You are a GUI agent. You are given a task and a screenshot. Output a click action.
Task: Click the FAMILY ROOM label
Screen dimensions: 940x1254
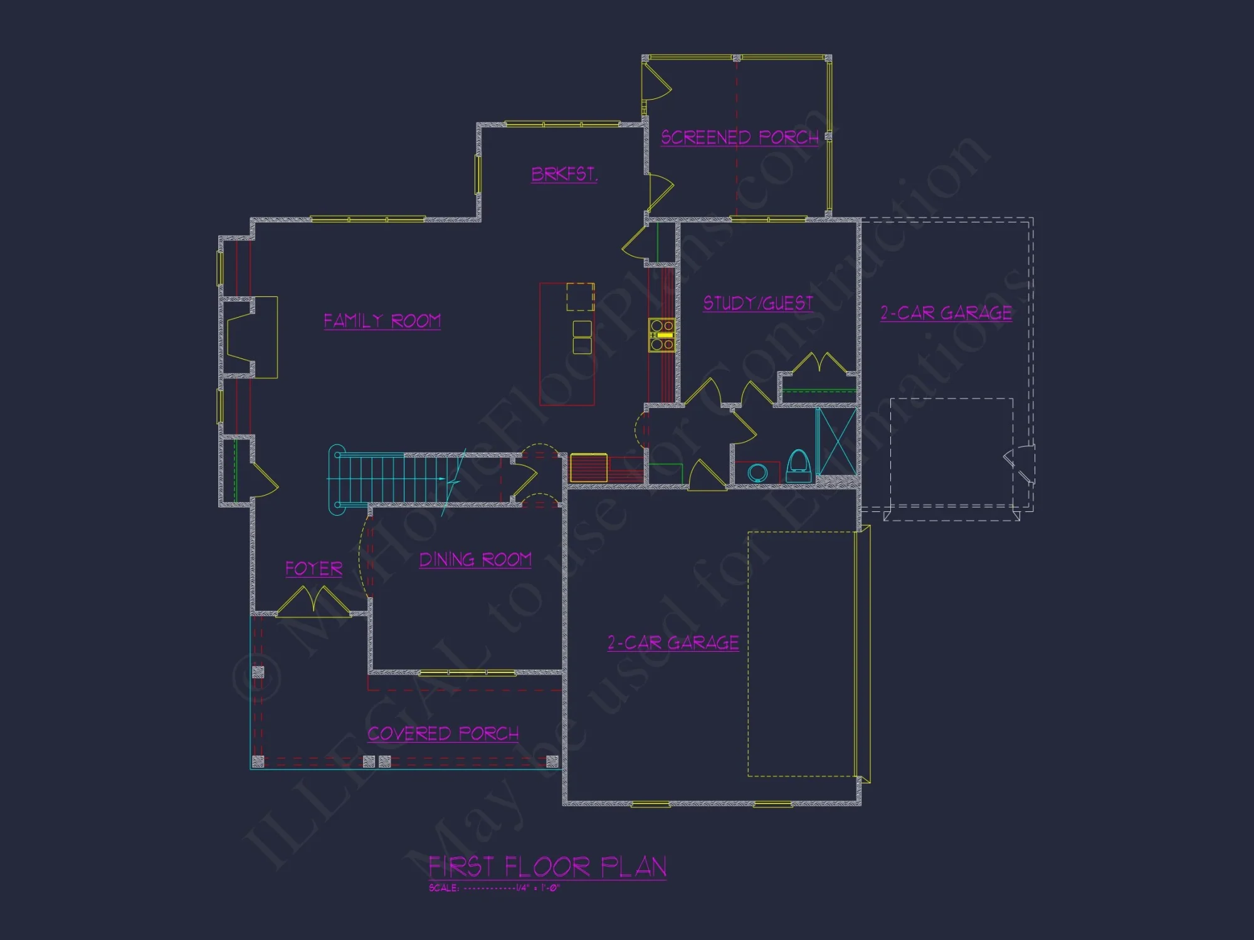382,321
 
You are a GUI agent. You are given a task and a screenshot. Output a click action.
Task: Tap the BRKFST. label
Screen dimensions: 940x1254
564,174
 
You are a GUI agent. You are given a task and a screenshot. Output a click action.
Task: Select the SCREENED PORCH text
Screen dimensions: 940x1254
740,137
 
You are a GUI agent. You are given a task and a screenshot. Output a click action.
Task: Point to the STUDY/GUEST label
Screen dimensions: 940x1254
758,303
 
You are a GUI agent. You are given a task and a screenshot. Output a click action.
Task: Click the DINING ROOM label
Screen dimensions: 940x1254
475,560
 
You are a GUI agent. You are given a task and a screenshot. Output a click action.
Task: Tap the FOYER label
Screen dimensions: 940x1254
313,568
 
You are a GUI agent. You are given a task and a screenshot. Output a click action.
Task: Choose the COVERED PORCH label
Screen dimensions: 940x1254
443,733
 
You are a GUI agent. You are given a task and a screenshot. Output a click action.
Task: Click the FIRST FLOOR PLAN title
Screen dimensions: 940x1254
547,867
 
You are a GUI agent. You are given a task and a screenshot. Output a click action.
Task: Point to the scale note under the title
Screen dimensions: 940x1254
493,888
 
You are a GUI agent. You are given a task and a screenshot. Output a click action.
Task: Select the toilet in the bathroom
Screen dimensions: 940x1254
798,466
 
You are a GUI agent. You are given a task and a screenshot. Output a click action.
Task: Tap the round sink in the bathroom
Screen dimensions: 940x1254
757,473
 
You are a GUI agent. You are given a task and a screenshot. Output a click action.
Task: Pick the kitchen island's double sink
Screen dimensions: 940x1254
582,337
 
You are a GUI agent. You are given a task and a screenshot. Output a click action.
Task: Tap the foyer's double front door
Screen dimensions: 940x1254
312,600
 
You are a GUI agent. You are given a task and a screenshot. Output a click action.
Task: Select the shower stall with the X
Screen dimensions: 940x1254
836,441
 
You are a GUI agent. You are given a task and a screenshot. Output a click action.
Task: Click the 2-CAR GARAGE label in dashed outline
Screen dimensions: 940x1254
946,313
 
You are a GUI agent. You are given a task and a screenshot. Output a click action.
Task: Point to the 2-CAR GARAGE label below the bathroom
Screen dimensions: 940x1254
673,642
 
